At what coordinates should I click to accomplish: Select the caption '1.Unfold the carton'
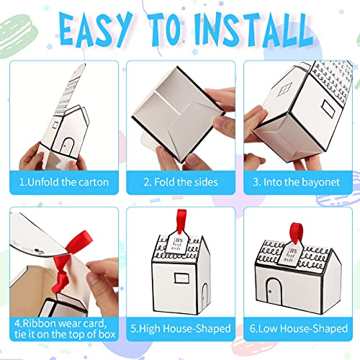64,182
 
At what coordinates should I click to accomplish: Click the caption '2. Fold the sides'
179,182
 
